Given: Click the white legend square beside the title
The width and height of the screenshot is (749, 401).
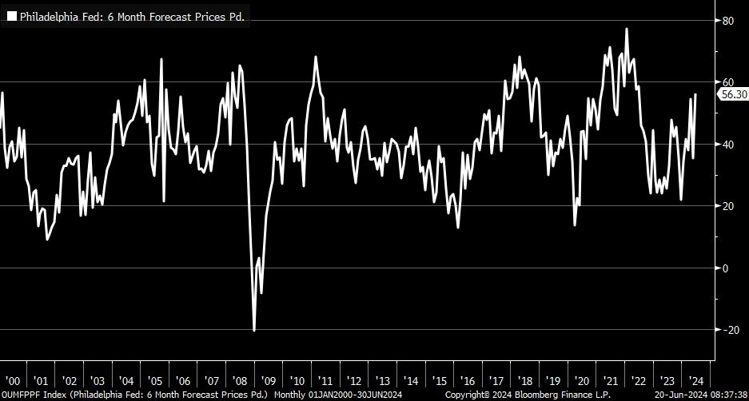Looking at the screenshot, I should click(12, 16).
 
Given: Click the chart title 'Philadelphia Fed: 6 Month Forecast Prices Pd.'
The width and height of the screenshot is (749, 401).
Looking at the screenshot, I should click(132, 16).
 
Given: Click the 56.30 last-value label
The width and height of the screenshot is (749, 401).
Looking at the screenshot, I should click(733, 94).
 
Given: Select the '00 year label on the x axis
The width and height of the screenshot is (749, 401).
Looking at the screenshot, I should click(13, 380).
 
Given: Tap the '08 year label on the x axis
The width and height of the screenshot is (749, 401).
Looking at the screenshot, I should click(241, 380).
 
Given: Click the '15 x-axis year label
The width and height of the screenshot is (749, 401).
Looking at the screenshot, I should click(438, 380).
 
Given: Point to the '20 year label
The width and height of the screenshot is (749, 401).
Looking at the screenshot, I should click(580, 380).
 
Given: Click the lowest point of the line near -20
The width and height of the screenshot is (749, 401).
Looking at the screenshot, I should click(254, 330).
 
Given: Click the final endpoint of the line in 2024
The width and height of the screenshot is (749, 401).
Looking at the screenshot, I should click(695, 94).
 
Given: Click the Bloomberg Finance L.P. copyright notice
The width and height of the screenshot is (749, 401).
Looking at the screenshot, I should click(528, 395).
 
